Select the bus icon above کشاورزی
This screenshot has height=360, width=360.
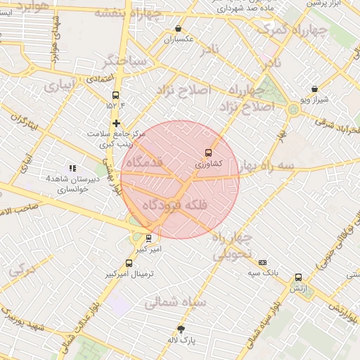point(208,153)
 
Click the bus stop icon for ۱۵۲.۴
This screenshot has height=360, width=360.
point(116,96)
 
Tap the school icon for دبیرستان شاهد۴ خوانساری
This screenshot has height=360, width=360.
point(72,168)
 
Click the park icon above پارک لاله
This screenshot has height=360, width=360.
point(181,330)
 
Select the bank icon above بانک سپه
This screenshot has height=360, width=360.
point(263,262)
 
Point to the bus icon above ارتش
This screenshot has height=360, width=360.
point(299,278)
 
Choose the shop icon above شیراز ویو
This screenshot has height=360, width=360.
point(314,89)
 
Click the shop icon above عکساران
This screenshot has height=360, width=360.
point(178,30)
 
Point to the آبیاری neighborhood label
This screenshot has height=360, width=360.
point(57,87)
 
